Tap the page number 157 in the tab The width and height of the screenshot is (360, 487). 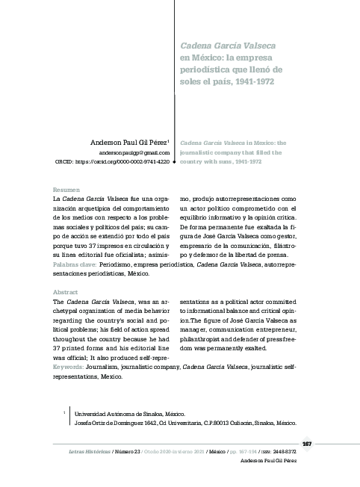306,444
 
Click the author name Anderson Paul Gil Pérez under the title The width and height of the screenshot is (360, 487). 128,141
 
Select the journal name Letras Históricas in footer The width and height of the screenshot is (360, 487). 84,453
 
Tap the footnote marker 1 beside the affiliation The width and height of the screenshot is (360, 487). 66,412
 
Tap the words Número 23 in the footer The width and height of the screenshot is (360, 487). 128,453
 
